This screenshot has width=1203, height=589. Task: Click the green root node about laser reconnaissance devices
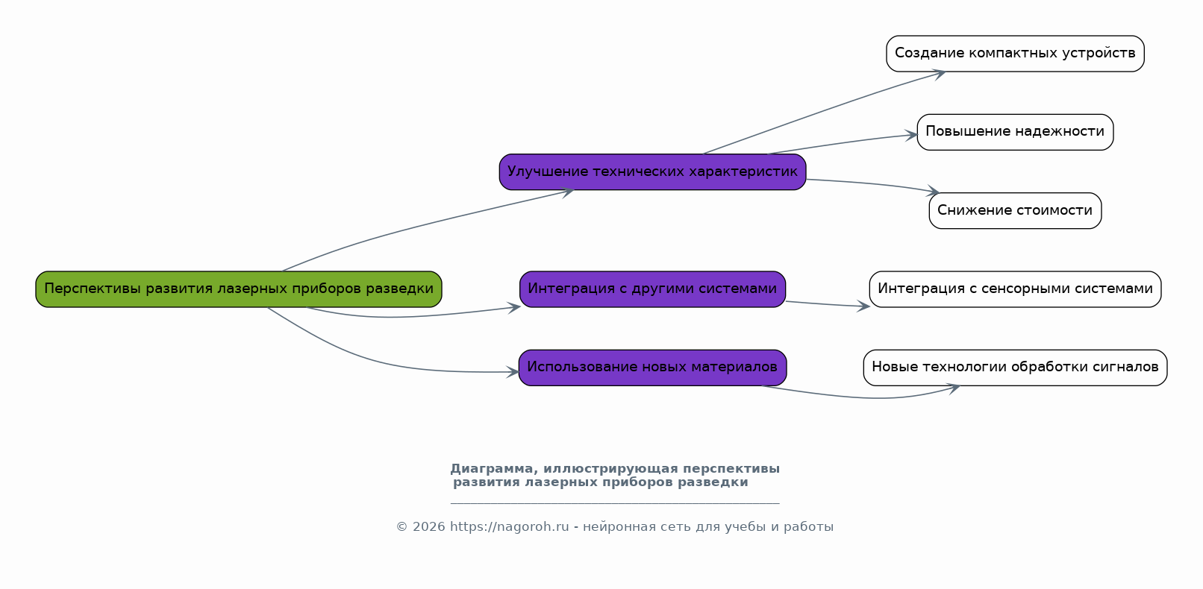[x=239, y=289]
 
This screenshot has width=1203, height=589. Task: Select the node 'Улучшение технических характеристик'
[x=652, y=172]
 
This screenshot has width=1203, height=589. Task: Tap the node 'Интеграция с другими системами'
[x=652, y=289]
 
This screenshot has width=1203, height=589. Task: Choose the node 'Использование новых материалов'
[x=652, y=368]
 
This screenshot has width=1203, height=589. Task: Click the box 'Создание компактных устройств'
[x=1015, y=54]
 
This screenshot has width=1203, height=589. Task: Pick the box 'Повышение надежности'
[x=1015, y=132]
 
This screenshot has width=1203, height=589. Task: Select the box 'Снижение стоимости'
[x=1015, y=211]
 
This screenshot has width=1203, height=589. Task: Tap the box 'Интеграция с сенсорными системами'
[x=1015, y=289]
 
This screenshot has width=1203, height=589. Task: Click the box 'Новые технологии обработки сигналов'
[x=1015, y=368]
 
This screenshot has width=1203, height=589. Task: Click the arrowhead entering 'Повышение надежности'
[x=912, y=136]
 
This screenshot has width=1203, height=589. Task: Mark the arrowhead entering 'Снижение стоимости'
[x=934, y=192]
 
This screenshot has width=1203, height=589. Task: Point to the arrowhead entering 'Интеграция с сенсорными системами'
[x=864, y=306]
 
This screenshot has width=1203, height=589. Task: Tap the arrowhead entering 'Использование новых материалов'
[x=513, y=372]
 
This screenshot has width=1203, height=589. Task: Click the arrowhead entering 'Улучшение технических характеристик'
[x=568, y=192]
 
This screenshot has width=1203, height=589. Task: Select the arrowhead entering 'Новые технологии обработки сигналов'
[x=954, y=387]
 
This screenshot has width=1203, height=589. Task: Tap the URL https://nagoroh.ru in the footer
[x=509, y=527]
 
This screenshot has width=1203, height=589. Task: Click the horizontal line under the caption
[x=615, y=503]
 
